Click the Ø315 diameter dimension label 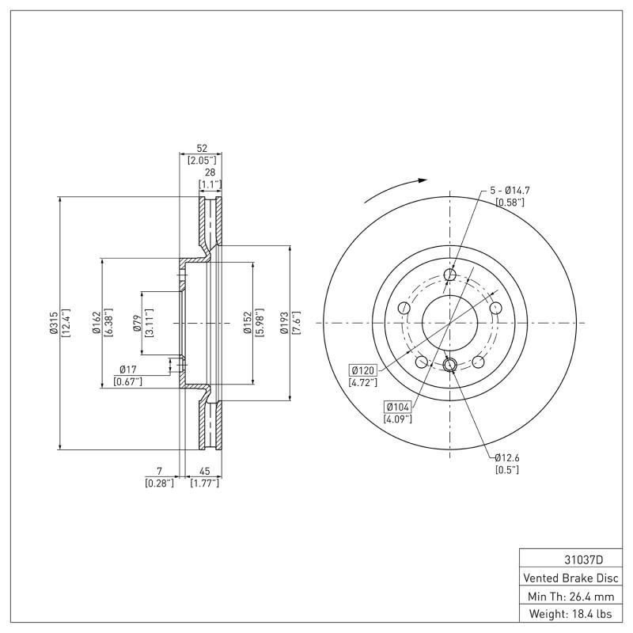pyautogui.click(x=53, y=324)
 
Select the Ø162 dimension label pyautogui.click(x=95, y=324)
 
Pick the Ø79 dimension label pyautogui.click(x=135, y=324)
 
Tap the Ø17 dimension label pyautogui.click(x=129, y=370)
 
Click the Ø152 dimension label pyautogui.click(x=247, y=324)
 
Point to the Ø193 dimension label pyautogui.click(x=284, y=324)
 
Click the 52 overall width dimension pyautogui.click(x=202, y=149)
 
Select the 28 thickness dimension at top pyautogui.click(x=210, y=172)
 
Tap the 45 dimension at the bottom pyautogui.click(x=204, y=472)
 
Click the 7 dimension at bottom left pyautogui.click(x=159, y=472)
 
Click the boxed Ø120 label pyautogui.click(x=362, y=370)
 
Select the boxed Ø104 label pyautogui.click(x=397, y=407)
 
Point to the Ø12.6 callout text pyautogui.click(x=507, y=457)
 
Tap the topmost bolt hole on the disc pyautogui.click(x=450, y=275)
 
